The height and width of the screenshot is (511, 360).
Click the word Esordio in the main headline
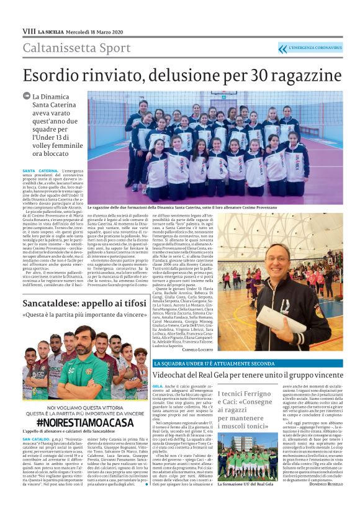click(61, 76)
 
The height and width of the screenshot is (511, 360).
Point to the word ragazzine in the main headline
click(302, 76)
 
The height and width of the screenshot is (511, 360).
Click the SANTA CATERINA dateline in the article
click(40, 170)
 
